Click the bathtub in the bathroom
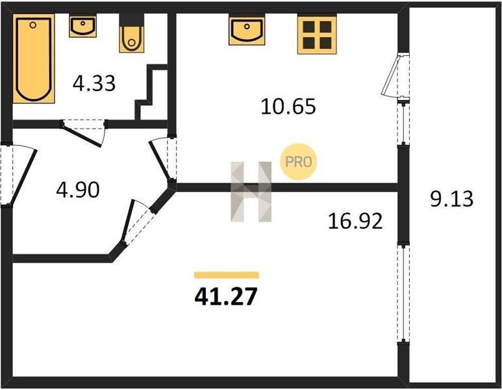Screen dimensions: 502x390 tap(34, 58)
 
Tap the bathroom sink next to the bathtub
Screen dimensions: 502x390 tap(83, 26)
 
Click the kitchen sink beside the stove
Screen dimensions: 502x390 tap(247, 29)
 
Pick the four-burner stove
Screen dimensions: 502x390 tap(317, 34)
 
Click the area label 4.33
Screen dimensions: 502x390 tap(94, 83)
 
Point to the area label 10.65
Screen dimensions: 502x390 tap(288, 107)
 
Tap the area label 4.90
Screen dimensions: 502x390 tap(78, 190)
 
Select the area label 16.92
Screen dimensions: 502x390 tap(355, 221)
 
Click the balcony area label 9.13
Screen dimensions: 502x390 tap(451, 199)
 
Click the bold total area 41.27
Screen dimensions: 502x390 tap(226, 297)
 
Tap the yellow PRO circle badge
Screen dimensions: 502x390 tap(298, 161)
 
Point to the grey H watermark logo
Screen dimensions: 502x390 tap(251, 192)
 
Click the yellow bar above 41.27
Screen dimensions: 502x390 tap(227, 275)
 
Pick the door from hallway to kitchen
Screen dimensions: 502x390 tap(163, 159)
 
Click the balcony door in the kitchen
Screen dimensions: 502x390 tap(396, 75)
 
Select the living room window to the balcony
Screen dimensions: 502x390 tap(403, 293)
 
